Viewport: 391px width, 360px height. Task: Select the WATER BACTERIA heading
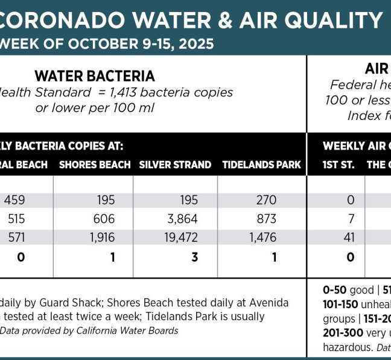coord(95,76)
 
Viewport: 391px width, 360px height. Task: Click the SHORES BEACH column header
coord(95,165)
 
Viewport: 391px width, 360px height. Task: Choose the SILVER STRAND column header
coord(175,165)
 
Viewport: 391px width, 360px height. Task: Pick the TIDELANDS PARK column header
coord(261,165)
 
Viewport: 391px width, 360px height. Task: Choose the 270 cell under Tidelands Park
coord(266,200)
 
